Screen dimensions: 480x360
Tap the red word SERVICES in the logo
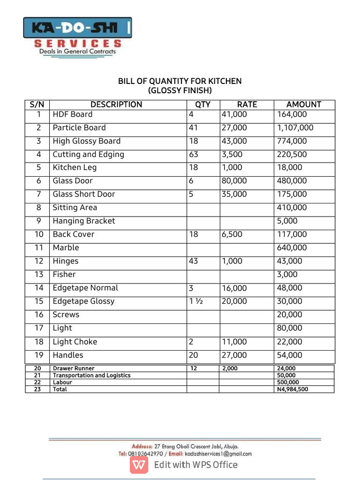click(x=78, y=44)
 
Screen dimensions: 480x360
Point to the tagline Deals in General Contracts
click(x=77, y=52)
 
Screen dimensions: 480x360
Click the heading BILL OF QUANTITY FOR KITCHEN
click(x=180, y=81)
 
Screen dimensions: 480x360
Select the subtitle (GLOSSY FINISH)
click(x=180, y=90)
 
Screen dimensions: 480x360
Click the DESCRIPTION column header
click(x=116, y=105)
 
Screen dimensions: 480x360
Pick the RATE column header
click(x=247, y=105)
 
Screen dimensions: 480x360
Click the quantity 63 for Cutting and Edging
click(x=194, y=155)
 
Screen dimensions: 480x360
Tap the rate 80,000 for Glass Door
click(x=234, y=181)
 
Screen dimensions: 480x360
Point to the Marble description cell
click(x=66, y=247)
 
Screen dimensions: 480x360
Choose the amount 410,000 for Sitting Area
click(x=292, y=208)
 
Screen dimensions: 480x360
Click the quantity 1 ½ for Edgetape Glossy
click(x=196, y=301)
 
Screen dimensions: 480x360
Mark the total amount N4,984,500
click(x=293, y=389)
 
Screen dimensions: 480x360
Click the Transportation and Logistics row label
click(x=91, y=375)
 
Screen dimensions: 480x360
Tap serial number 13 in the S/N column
click(x=39, y=275)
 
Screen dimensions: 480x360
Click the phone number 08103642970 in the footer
click(x=145, y=454)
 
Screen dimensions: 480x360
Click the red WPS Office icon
click(x=139, y=465)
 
